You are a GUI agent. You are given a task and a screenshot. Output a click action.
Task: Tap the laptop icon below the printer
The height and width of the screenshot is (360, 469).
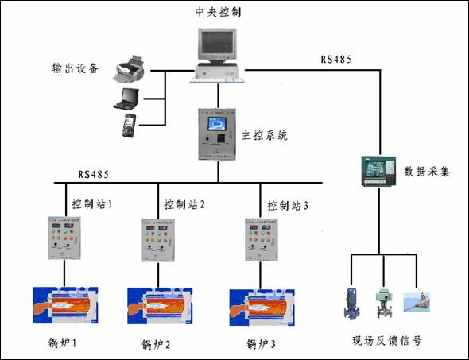point(127,99)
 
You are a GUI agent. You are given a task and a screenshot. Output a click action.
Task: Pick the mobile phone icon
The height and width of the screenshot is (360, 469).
point(129,125)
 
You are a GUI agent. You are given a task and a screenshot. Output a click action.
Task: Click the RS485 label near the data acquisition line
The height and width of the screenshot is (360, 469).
point(335,60)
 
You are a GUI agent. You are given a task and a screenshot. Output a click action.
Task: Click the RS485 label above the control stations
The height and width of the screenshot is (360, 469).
point(94,173)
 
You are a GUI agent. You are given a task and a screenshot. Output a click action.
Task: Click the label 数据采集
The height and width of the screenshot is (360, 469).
point(427,171)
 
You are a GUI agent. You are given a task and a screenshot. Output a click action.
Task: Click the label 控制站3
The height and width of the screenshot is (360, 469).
point(286,204)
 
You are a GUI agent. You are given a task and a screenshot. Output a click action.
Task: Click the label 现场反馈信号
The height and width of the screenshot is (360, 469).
point(386,341)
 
